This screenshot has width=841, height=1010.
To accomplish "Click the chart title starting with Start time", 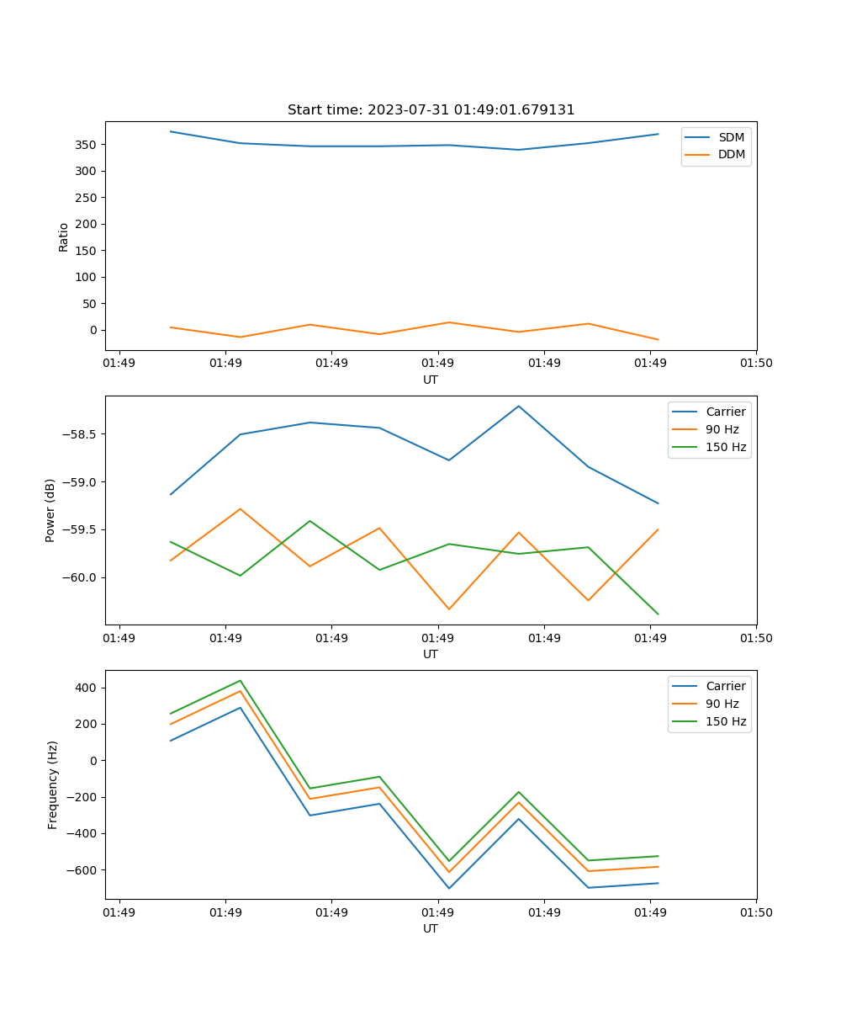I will [431, 110].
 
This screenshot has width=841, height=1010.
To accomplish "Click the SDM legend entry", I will [731, 137].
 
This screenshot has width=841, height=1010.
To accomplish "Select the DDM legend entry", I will [731, 155].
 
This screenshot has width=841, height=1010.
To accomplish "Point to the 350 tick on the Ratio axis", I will [87, 145].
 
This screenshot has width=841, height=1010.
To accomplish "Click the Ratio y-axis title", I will [64, 237].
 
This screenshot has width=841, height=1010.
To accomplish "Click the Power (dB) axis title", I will [50, 510].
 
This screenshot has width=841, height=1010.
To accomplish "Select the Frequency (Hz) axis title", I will [52, 784].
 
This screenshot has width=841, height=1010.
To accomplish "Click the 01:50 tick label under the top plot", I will [756, 364].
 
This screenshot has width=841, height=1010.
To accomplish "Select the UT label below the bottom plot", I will [431, 928].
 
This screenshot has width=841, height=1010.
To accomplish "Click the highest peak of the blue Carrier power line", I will [519, 406].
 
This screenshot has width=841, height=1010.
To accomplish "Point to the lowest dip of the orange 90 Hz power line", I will [449, 609].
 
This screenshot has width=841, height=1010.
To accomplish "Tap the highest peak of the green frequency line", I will [241, 680].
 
